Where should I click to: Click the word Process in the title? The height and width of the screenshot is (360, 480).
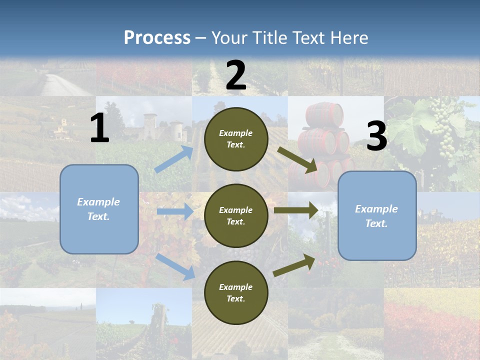pyautogui.click(x=157, y=38)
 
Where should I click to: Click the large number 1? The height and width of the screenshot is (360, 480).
pyautogui.click(x=99, y=128)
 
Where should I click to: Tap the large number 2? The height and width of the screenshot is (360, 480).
pyautogui.click(x=236, y=75)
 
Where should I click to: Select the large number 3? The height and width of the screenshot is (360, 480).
pyautogui.click(x=376, y=136)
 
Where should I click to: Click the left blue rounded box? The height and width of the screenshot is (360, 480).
pyautogui.click(x=99, y=209)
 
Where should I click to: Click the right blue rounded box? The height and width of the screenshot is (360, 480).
pyautogui.click(x=377, y=216)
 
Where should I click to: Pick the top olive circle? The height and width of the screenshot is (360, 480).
pyautogui.click(x=236, y=139)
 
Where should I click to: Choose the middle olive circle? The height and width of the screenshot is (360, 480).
pyautogui.click(x=236, y=216)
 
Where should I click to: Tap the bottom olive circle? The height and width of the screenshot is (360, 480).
pyautogui.click(x=236, y=293)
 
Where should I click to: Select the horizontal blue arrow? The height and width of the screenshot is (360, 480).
pyautogui.click(x=175, y=211)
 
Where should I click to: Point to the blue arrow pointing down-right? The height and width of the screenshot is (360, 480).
pyautogui.click(x=175, y=266)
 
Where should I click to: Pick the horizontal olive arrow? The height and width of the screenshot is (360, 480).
pyautogui.click(x=296, y=210)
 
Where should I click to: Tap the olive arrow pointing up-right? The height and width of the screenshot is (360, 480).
pyautogui.click(x=294, y=265)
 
